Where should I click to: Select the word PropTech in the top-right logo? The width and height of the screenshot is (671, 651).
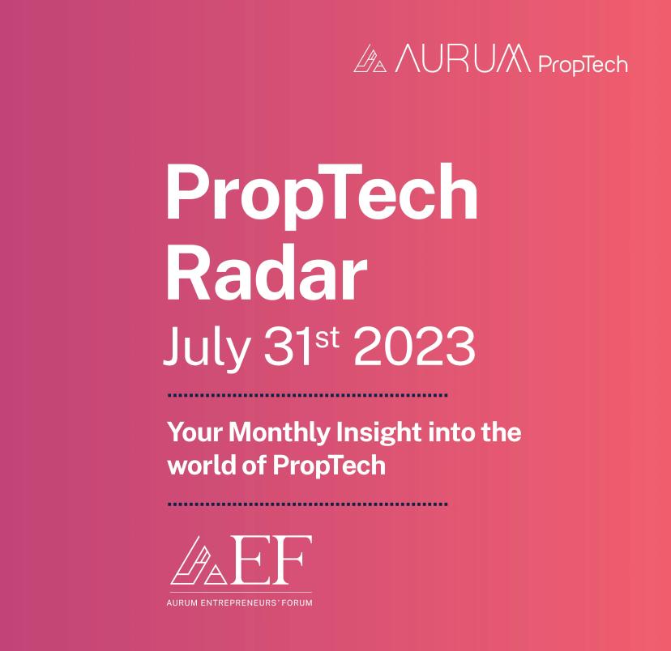click(x=582, y=62)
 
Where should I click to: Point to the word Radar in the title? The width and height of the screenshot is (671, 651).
click(x=264, y=274)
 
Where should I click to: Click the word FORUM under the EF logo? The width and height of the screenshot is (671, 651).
click(x=295, y=603)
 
